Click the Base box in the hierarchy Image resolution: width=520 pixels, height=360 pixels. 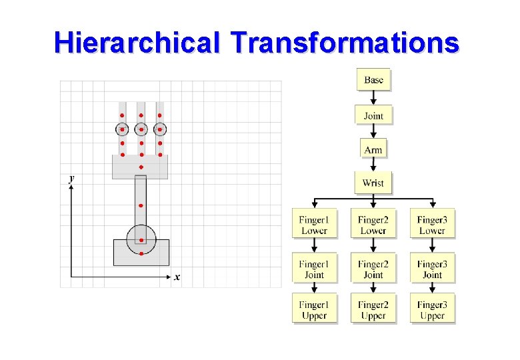(373, 80)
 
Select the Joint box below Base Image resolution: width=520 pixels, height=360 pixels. (373, 116)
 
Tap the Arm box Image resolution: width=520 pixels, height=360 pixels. (373, 149)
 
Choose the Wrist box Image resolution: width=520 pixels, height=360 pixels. (373, 183)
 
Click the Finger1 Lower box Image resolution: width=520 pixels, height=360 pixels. (314, 225)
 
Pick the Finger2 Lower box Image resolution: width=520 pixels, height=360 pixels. (373, 225)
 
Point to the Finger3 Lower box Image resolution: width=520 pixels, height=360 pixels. (432, 225)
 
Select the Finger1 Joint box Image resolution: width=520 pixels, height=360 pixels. (314, 269)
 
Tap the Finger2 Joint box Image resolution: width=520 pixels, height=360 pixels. (373, 269)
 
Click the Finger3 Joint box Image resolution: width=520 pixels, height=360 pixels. (432, 269)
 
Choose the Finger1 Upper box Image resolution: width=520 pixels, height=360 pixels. (314, 310)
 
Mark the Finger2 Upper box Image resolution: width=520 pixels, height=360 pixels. (373, 310)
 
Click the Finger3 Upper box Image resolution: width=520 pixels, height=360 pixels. (432, 310)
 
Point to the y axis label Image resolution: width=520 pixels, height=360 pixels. (71, 178)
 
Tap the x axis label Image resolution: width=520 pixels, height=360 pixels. (177, 277)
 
